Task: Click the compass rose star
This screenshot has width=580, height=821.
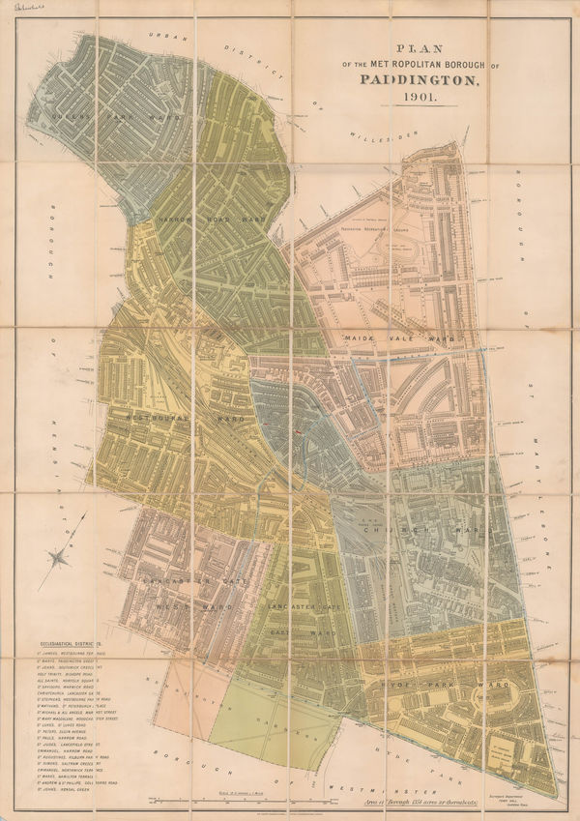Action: click(61, 554)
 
